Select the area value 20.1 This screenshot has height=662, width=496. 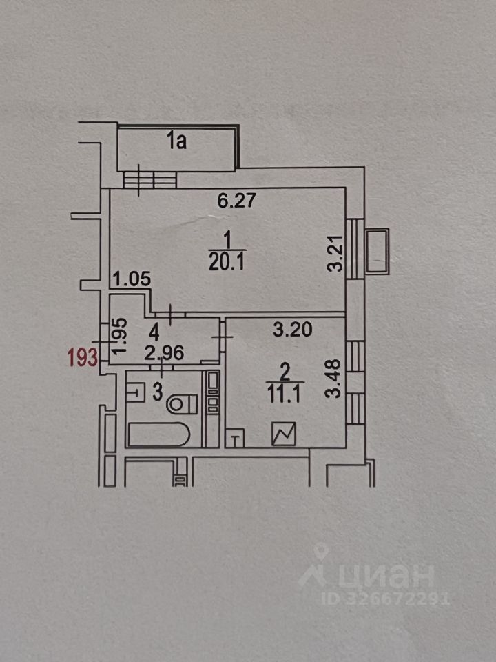(x=227, y=262)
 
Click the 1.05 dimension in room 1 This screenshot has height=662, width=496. (x=132, y=279)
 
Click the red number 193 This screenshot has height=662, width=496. (x=81, y=358)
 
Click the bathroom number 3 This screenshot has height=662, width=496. (x=156, y=393)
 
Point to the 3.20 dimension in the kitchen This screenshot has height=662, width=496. (x=292, y=330)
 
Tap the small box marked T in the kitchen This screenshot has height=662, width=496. (x=236, y=437)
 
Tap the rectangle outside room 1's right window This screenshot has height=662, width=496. (x=378, y=252)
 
